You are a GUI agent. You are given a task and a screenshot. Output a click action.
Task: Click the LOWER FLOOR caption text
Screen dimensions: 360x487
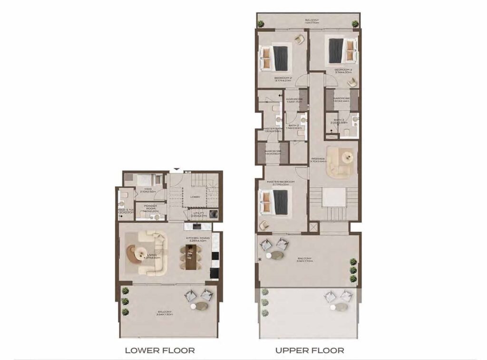click(159, 350)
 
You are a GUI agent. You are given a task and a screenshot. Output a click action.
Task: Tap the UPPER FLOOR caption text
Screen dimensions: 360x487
click(310, 350)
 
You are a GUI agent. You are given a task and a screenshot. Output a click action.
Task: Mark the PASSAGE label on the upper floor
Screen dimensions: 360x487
click(318, 160)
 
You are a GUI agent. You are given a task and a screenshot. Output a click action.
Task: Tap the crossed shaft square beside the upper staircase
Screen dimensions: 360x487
click(313, 227)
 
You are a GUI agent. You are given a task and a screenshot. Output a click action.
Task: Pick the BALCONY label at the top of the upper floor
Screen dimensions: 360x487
click(312, 21)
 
